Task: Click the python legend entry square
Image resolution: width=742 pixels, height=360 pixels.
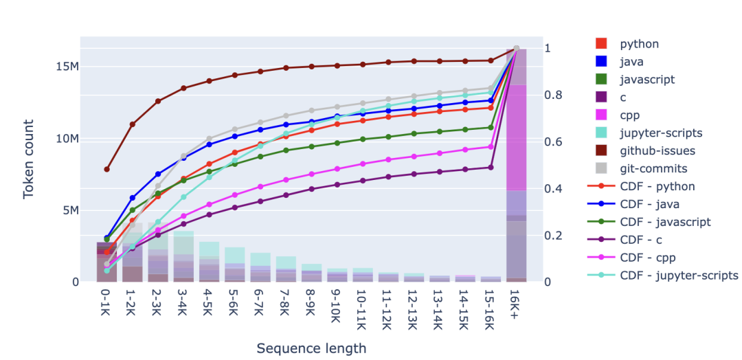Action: pyautogui.click(x=602, y=44)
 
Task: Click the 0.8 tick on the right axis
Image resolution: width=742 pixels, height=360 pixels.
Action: pyautogui.click(x=551, y=95)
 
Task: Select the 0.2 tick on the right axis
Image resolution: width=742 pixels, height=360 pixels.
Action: pyautogui.click(x=551, y=235)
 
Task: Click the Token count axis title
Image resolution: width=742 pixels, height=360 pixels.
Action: pyautogui.click(x=29, y=159)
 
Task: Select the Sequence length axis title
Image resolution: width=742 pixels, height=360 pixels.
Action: pyautogui.click(x=311, y=348)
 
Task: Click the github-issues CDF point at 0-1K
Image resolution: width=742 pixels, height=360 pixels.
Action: pyautogui.click(x=106, y=169)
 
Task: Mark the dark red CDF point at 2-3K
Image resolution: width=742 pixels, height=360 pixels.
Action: pyautogui.click(x=158, y=101)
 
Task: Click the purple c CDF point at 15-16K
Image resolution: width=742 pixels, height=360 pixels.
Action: pyautogui.click(x=491, y=167)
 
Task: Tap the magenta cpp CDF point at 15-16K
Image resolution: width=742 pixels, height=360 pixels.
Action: pyautogui.click(x=491, y=146)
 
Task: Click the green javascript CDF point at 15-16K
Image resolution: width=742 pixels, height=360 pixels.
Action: pyautogui.click(x=491, y=127)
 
